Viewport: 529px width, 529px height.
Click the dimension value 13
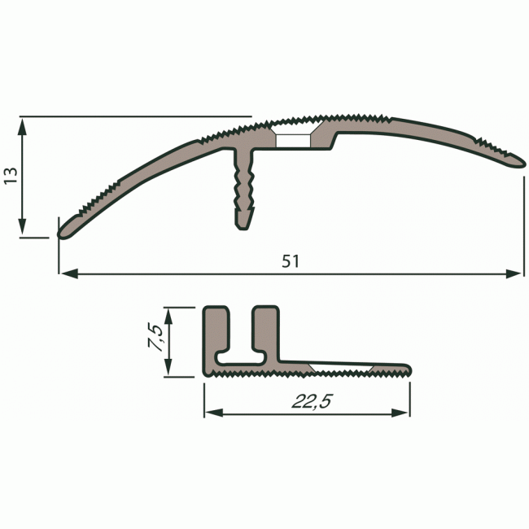tap(10, 176)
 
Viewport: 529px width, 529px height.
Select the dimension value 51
tap(291, 261)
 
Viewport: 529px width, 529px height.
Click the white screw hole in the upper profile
tap(293, 141)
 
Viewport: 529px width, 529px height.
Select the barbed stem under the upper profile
tap(246, 191)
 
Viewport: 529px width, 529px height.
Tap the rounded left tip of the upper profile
tap(63, 231)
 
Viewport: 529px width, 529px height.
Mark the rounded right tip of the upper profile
tap(518, 161)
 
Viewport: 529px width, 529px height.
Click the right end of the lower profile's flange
tap(406, 370)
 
